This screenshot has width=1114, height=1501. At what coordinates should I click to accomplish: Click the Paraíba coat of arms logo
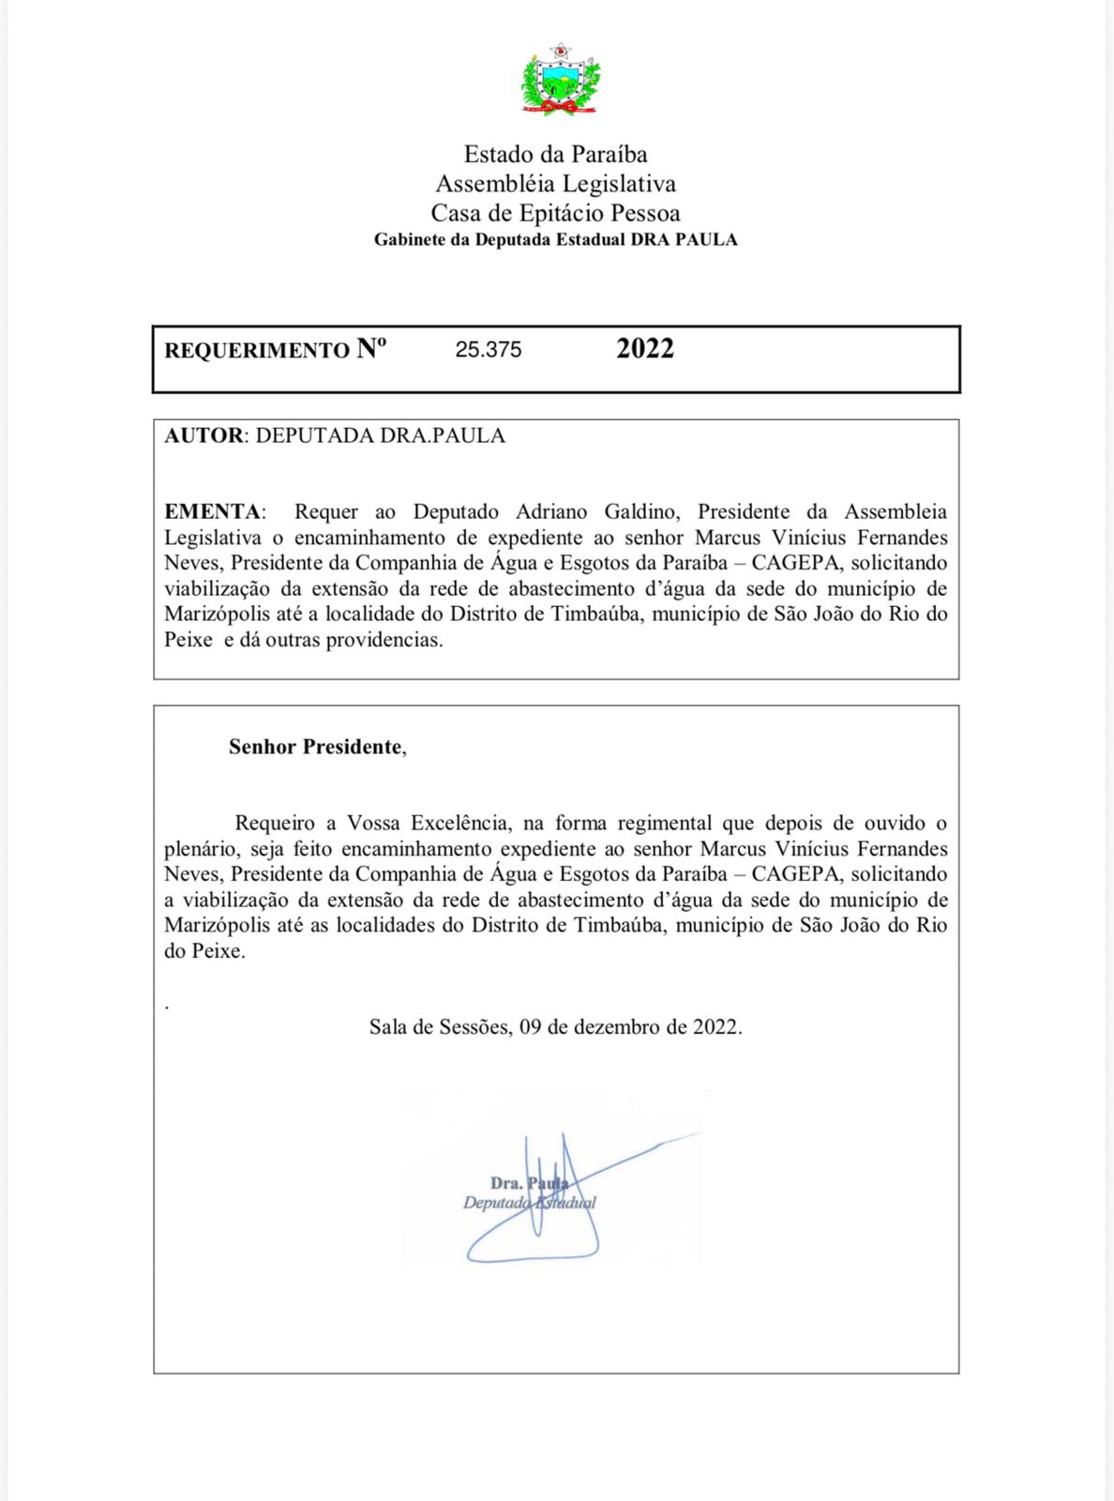click(x=560, y=80)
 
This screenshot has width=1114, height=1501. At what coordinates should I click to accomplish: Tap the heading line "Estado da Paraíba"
click(x=555, y=154)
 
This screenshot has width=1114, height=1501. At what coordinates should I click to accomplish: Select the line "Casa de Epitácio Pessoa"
click(x=555, y=213)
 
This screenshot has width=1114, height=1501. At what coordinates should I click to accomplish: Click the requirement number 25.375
click(x=489, y=350)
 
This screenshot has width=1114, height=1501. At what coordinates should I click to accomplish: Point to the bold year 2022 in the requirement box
click(x=645, y=348)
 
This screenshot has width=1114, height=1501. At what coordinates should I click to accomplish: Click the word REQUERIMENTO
click(x=257, y=351)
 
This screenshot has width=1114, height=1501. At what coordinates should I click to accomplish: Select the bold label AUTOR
click(x=203, y=435)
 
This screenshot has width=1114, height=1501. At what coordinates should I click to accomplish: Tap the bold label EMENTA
click(x=212, y=511)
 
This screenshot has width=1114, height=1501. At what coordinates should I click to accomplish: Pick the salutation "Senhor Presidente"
click(x=317, y=747)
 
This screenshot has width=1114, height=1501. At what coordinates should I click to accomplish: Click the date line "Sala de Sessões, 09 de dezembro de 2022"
click(x=555, y=1026)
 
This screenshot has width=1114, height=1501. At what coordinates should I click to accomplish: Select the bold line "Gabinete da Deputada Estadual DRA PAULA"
click(x=555, y=240)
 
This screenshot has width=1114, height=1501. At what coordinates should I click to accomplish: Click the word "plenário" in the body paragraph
click(x=201, y=849)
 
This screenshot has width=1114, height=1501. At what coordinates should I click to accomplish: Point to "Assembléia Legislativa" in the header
click(x=555, y=184)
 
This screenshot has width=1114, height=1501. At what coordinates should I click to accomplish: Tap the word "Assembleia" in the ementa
click(x=896, y=511)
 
